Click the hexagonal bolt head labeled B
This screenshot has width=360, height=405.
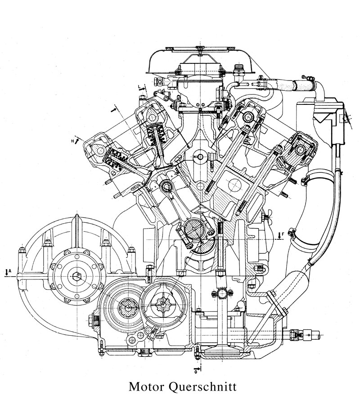[x=78, y=275]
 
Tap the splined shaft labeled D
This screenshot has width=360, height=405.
[x=162, y=303]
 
